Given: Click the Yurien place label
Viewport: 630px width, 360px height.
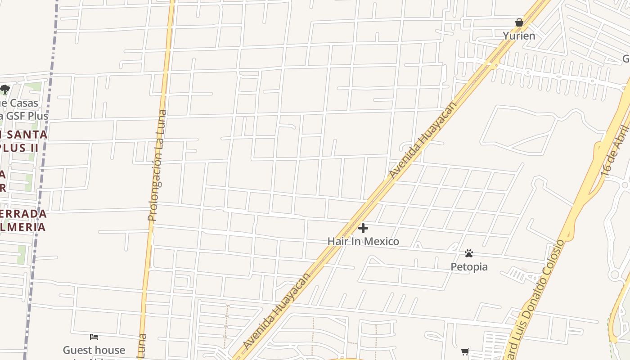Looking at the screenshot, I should pos(519,36).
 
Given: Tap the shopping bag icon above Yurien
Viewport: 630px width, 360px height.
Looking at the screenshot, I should pos(519,22).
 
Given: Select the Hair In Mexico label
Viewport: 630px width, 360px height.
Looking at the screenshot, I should pos(363,241).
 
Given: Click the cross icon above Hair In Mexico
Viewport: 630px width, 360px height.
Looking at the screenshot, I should pos(363,229).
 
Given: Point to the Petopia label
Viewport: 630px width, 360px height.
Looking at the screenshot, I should pos(469,267).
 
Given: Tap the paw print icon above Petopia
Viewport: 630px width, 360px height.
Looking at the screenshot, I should pos(469,253).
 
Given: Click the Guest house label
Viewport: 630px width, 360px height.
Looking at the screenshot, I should pos(94,350).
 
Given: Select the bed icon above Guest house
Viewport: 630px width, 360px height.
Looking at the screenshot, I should pos(94,337).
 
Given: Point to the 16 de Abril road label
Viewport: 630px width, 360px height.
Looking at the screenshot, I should pos(621,151).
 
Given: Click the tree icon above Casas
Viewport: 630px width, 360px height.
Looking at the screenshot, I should pos(5,90).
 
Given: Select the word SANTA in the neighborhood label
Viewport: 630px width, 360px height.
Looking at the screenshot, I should pos(27,135).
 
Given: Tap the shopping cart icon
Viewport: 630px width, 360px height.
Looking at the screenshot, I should pos(465,351).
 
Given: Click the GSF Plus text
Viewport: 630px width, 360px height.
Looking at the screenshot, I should pos(27,116).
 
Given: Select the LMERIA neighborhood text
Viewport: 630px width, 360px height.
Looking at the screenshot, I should pos(22,226).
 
